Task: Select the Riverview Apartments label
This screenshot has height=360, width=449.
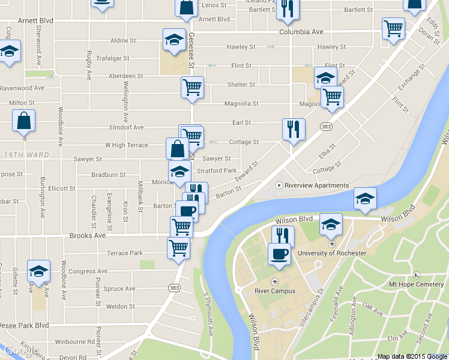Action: [316, 185]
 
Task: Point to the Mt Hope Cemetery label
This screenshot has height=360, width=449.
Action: [416, 284]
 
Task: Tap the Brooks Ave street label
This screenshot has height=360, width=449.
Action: [88, 236]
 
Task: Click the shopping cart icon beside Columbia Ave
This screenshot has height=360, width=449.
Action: [393, 28]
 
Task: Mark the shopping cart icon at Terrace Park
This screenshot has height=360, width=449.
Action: [178, 247]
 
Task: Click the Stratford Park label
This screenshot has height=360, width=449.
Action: [217, 170]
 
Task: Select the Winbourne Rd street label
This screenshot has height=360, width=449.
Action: [74, 342]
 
